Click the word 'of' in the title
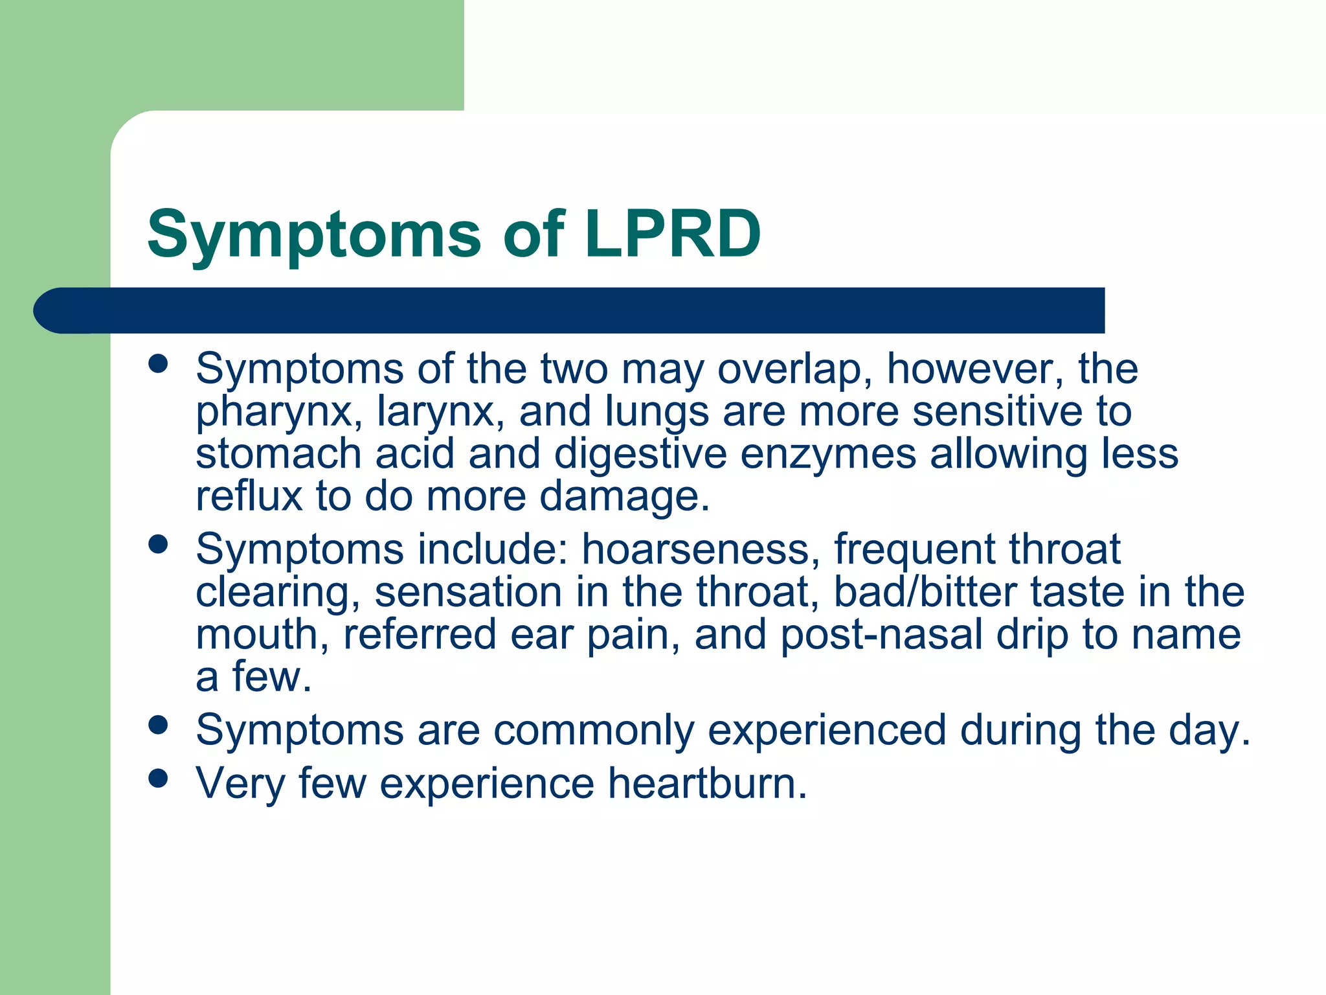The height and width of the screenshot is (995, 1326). [x=534, y=234]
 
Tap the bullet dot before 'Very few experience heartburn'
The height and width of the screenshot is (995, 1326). [x=158, y=778]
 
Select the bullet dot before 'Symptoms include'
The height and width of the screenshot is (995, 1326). [x=158, y=544]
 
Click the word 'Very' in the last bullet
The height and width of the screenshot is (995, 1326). [x=240, y=783]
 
